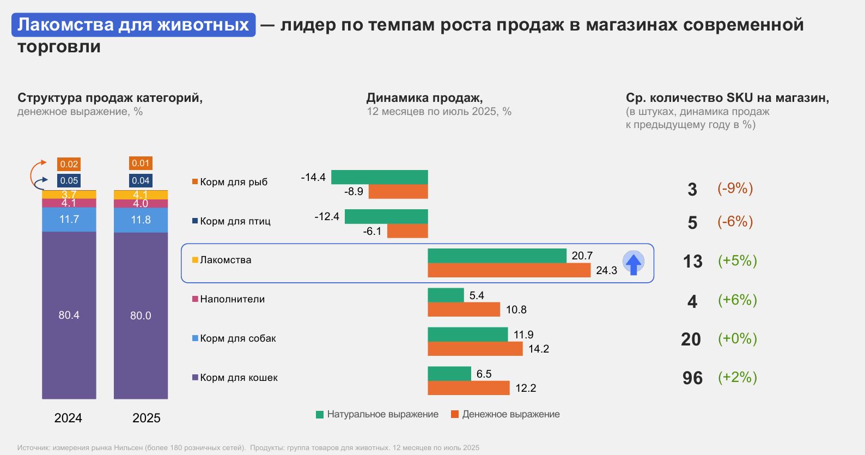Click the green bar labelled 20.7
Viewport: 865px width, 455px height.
(x=497, y=256)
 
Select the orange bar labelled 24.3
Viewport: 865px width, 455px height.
(x=509, y=270)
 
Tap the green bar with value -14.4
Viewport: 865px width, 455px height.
(x=379, y=177)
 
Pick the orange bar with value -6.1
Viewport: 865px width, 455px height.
(x=407, y=231)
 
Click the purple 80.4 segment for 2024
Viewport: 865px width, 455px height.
(x=69, y=315)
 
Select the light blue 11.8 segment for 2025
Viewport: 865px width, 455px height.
(x=141, y=220)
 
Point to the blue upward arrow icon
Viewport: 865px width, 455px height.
(x=633, y=263)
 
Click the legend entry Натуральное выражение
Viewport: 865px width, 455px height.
(x=377, y=414)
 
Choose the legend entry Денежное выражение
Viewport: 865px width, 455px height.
(x=505, y=414)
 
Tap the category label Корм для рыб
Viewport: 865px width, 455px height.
(x=233, y=182)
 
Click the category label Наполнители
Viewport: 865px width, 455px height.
(x=232, y=299)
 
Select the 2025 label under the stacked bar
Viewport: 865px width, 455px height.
(x=147, y=418)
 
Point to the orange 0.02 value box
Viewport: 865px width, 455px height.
(x=69, y=164)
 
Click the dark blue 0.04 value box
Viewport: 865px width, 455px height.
(x=141, y=180)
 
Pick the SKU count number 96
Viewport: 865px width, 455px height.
(x=692, y=378)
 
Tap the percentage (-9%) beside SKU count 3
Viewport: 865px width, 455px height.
(x=735, y=189)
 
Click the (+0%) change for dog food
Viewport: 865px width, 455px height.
(x=737, y=339)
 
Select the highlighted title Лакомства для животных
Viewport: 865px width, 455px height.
(x=133, y=25)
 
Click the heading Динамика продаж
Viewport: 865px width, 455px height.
(x=424, y=98)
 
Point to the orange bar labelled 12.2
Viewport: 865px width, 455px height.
(x=468, y=388)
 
